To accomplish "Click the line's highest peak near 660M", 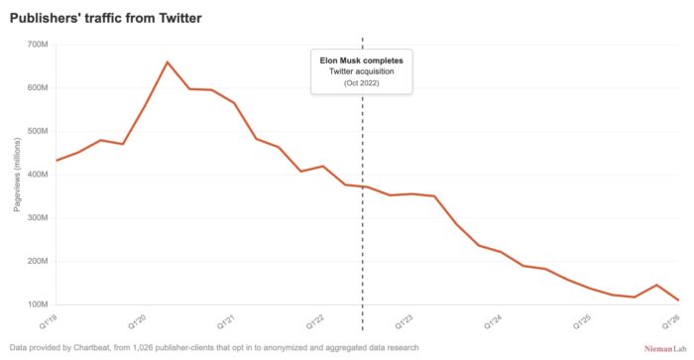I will click(x=167, y=61).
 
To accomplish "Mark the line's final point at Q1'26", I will click(x=677, y=300).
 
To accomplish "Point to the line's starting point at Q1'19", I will click(x=57, y=161).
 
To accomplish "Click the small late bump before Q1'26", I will click(x=655, y=285).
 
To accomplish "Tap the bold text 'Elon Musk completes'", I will click(x=362, y=60).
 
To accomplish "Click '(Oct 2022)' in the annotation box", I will click(x=362, y=83).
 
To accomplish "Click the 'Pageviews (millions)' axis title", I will click(x=17, y=175).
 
